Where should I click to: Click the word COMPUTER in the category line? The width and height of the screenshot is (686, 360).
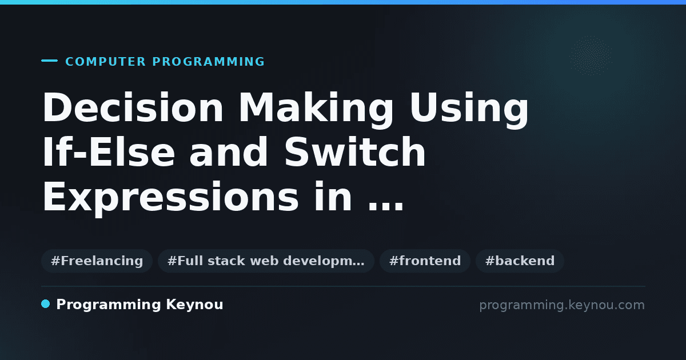click(105, 62)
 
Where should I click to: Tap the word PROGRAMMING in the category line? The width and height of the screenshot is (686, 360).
click(208, 62)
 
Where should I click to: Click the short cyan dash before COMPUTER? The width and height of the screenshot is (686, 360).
click(49, 61)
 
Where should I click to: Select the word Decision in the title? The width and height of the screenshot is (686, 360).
click(133, 107)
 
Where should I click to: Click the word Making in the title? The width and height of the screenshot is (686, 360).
click(316, 110)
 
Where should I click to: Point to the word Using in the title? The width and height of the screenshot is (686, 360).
click(469, 110)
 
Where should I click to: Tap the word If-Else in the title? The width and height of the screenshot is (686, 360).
click(109, 151)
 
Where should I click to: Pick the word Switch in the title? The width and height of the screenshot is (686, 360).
click(355, 151)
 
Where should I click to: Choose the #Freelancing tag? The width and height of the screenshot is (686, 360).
click(97, 261)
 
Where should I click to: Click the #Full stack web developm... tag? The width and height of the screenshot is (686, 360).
click(266, 261)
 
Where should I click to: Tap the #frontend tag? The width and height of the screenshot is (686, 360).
click(425, 261)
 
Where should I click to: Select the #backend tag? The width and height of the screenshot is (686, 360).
click(520, 261)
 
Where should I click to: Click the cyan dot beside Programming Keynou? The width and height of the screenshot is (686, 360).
click(45, 304)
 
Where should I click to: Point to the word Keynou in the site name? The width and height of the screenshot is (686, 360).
click(194, 305)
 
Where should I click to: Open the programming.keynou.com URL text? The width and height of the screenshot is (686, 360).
click(562, 305)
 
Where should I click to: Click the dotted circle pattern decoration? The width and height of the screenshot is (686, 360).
click(591, 56)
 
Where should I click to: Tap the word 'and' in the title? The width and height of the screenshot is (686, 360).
click(229, 151)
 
